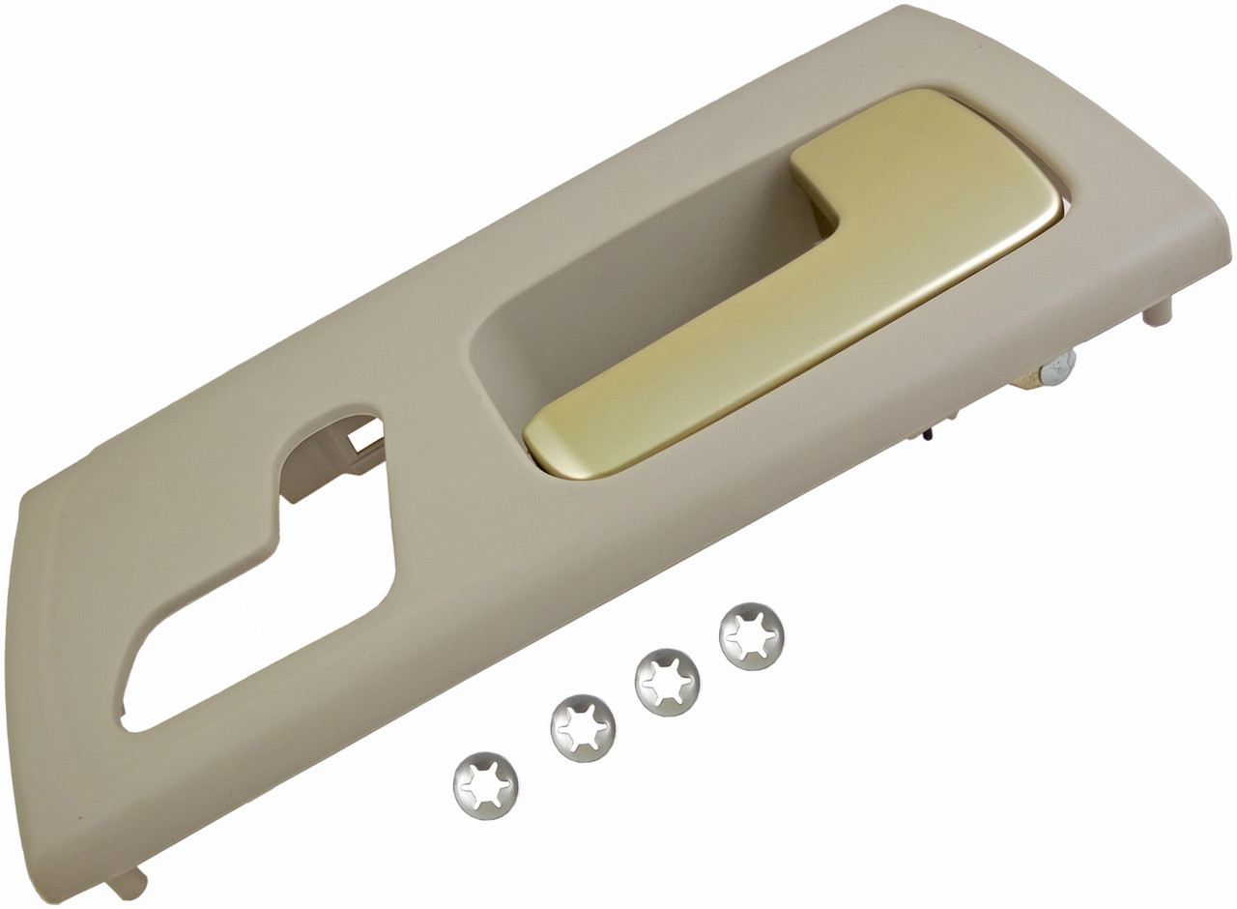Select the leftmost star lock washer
[x=485, y=784]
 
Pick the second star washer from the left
[x=584, y=728]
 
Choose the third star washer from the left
[x=668, y=683]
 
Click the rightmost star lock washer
[x=752, y=635]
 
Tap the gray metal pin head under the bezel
[x=1060, y=366]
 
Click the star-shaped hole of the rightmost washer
[x=752, y=636]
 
